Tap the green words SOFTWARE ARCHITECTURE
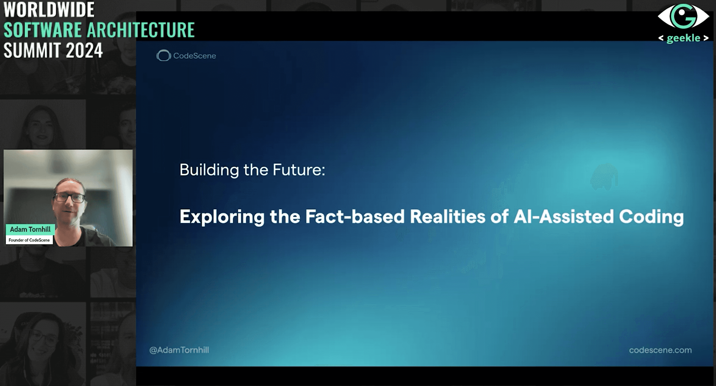coord(99,30)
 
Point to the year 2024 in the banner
coord(84,50)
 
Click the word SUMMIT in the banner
coord(32,50)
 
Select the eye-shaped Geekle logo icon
coord(683,16)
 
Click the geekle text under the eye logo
coord(684,38)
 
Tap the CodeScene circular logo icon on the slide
coord(164,56)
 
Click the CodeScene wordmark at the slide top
coord(195,56)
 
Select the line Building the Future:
coord(252,170)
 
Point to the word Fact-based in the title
coord(355,217)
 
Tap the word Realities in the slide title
coord(448,217)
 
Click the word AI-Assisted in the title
coord(564,217)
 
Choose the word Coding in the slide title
coord(652,217)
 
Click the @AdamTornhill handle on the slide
coord(179,350)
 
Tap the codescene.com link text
coord(660,350)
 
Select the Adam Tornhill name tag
coord(30,229)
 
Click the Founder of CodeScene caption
coord(29,240)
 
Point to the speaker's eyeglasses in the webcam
coord(70,198)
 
